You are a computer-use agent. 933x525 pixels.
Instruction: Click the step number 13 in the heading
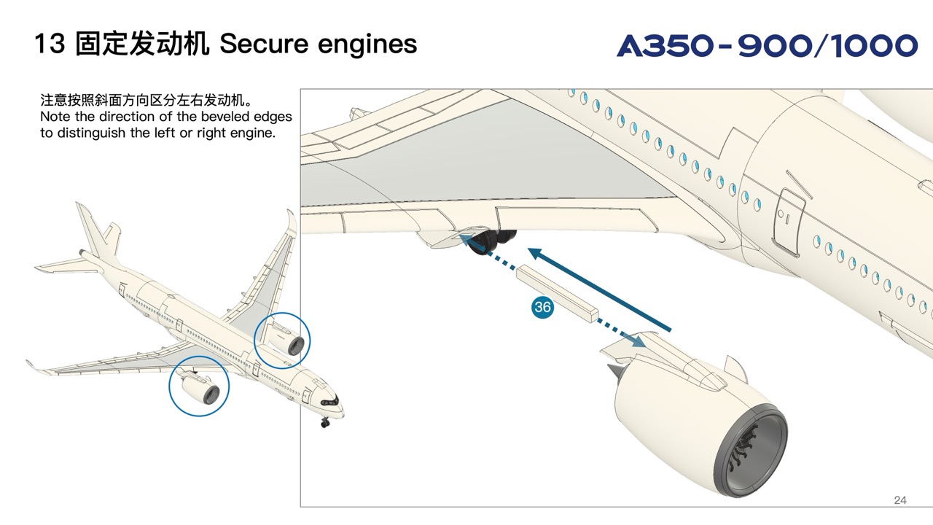(50, 44)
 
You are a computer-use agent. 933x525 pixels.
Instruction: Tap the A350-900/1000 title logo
(767, 46)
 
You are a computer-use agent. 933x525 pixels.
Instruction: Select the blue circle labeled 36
(542, 307)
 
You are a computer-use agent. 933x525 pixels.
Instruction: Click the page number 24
(900, 500)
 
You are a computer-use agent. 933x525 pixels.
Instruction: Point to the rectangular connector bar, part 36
(557, 294)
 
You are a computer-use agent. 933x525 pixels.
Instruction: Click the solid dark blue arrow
(598, 288)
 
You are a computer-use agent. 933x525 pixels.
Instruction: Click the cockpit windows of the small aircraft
(328, 401)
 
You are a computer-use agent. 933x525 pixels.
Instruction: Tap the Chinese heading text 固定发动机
(142, 44)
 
